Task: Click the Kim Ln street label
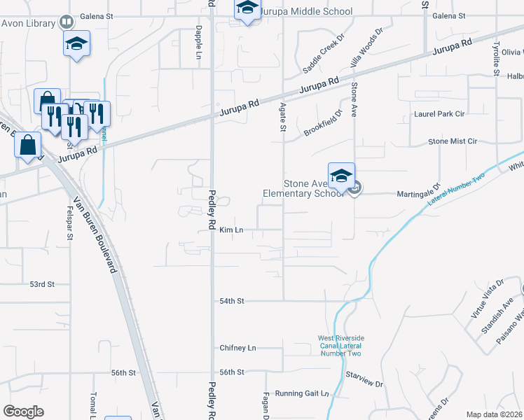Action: point(230,230)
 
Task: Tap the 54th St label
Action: point(231,300)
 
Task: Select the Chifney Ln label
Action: point(238,347)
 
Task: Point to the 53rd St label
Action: point(41,284)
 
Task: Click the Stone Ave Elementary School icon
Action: point(341,175)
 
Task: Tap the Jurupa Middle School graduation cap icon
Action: point(247,8)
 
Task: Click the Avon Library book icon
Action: point(66,22)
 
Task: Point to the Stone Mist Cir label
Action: point(452,141)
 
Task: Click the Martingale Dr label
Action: point(418,193)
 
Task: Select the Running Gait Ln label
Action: point(301,393)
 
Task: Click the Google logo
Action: point(24,412)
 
